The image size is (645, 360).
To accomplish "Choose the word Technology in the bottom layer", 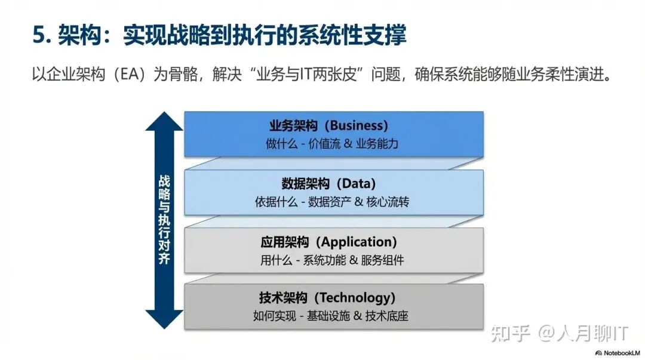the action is coord(357,297).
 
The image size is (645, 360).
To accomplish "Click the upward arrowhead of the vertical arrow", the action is coord(164,121).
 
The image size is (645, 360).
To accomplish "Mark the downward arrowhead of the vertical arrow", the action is coord(164,319).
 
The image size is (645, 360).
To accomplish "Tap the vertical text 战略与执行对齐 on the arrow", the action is coord(164,220).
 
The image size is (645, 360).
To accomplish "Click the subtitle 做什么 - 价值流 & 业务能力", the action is coord(332,144).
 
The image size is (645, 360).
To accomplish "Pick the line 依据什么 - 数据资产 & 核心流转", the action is coord(332,202).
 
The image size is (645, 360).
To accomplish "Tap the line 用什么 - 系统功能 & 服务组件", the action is coord(332,260).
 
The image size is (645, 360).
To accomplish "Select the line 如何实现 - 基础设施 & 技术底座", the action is coord(331,316).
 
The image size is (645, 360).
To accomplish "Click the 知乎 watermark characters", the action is coord(510,333).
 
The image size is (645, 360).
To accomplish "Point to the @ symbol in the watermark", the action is coord(546,333).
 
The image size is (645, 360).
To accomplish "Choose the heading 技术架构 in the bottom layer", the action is coord(283,297).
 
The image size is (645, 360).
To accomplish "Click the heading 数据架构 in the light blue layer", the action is coord(306,183).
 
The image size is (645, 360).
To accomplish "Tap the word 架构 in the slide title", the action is coord(79,35).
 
